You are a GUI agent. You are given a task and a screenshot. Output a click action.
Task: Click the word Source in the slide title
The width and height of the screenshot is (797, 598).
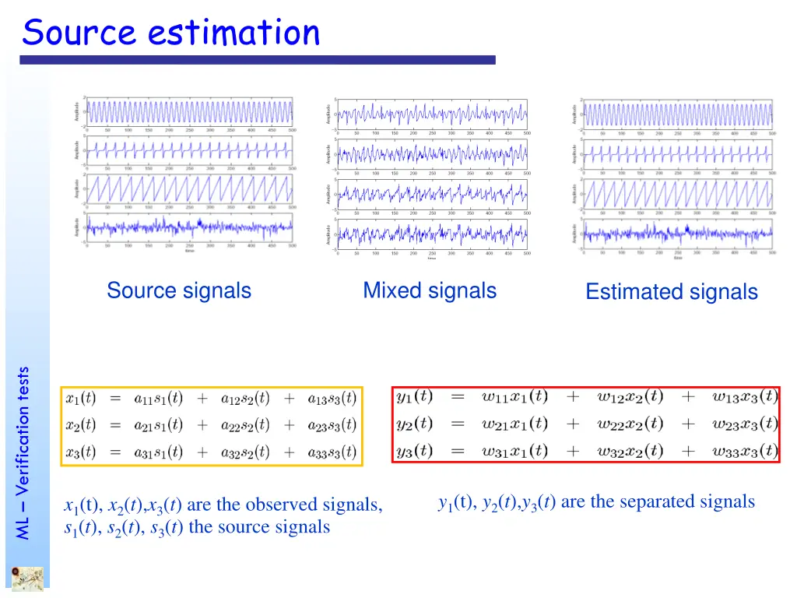click(79, 33)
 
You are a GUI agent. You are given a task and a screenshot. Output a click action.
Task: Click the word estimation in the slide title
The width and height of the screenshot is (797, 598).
click(233, 33)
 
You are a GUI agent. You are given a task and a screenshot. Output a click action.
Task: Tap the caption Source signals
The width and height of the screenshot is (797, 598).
click(179, 290)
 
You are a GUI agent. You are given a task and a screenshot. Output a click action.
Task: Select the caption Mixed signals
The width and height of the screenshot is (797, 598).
click(430, 290)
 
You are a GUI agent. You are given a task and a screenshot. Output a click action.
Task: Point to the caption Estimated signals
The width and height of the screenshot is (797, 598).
click(671, 292)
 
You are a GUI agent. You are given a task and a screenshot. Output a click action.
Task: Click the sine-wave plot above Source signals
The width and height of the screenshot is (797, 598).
click(189, 111)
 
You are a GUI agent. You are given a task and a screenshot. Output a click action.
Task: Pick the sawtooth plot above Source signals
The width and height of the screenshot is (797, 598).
click(189, 189)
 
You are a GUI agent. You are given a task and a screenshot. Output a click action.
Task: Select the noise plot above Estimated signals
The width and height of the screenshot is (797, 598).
click(678, 233)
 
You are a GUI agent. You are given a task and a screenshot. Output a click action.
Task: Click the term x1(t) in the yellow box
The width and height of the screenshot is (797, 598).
click(81, 399)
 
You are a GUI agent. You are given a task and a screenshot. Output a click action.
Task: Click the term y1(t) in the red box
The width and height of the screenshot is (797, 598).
click(414, 396)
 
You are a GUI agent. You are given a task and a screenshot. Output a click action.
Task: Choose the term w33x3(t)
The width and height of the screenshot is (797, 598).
click(745, 450)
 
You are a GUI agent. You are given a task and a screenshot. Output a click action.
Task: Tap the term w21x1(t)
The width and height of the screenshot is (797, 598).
click(514, 424)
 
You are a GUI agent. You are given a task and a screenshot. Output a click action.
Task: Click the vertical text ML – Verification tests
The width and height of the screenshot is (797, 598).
click(23, 452)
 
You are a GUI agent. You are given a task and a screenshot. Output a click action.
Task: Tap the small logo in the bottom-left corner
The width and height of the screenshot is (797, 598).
click(27, 579)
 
